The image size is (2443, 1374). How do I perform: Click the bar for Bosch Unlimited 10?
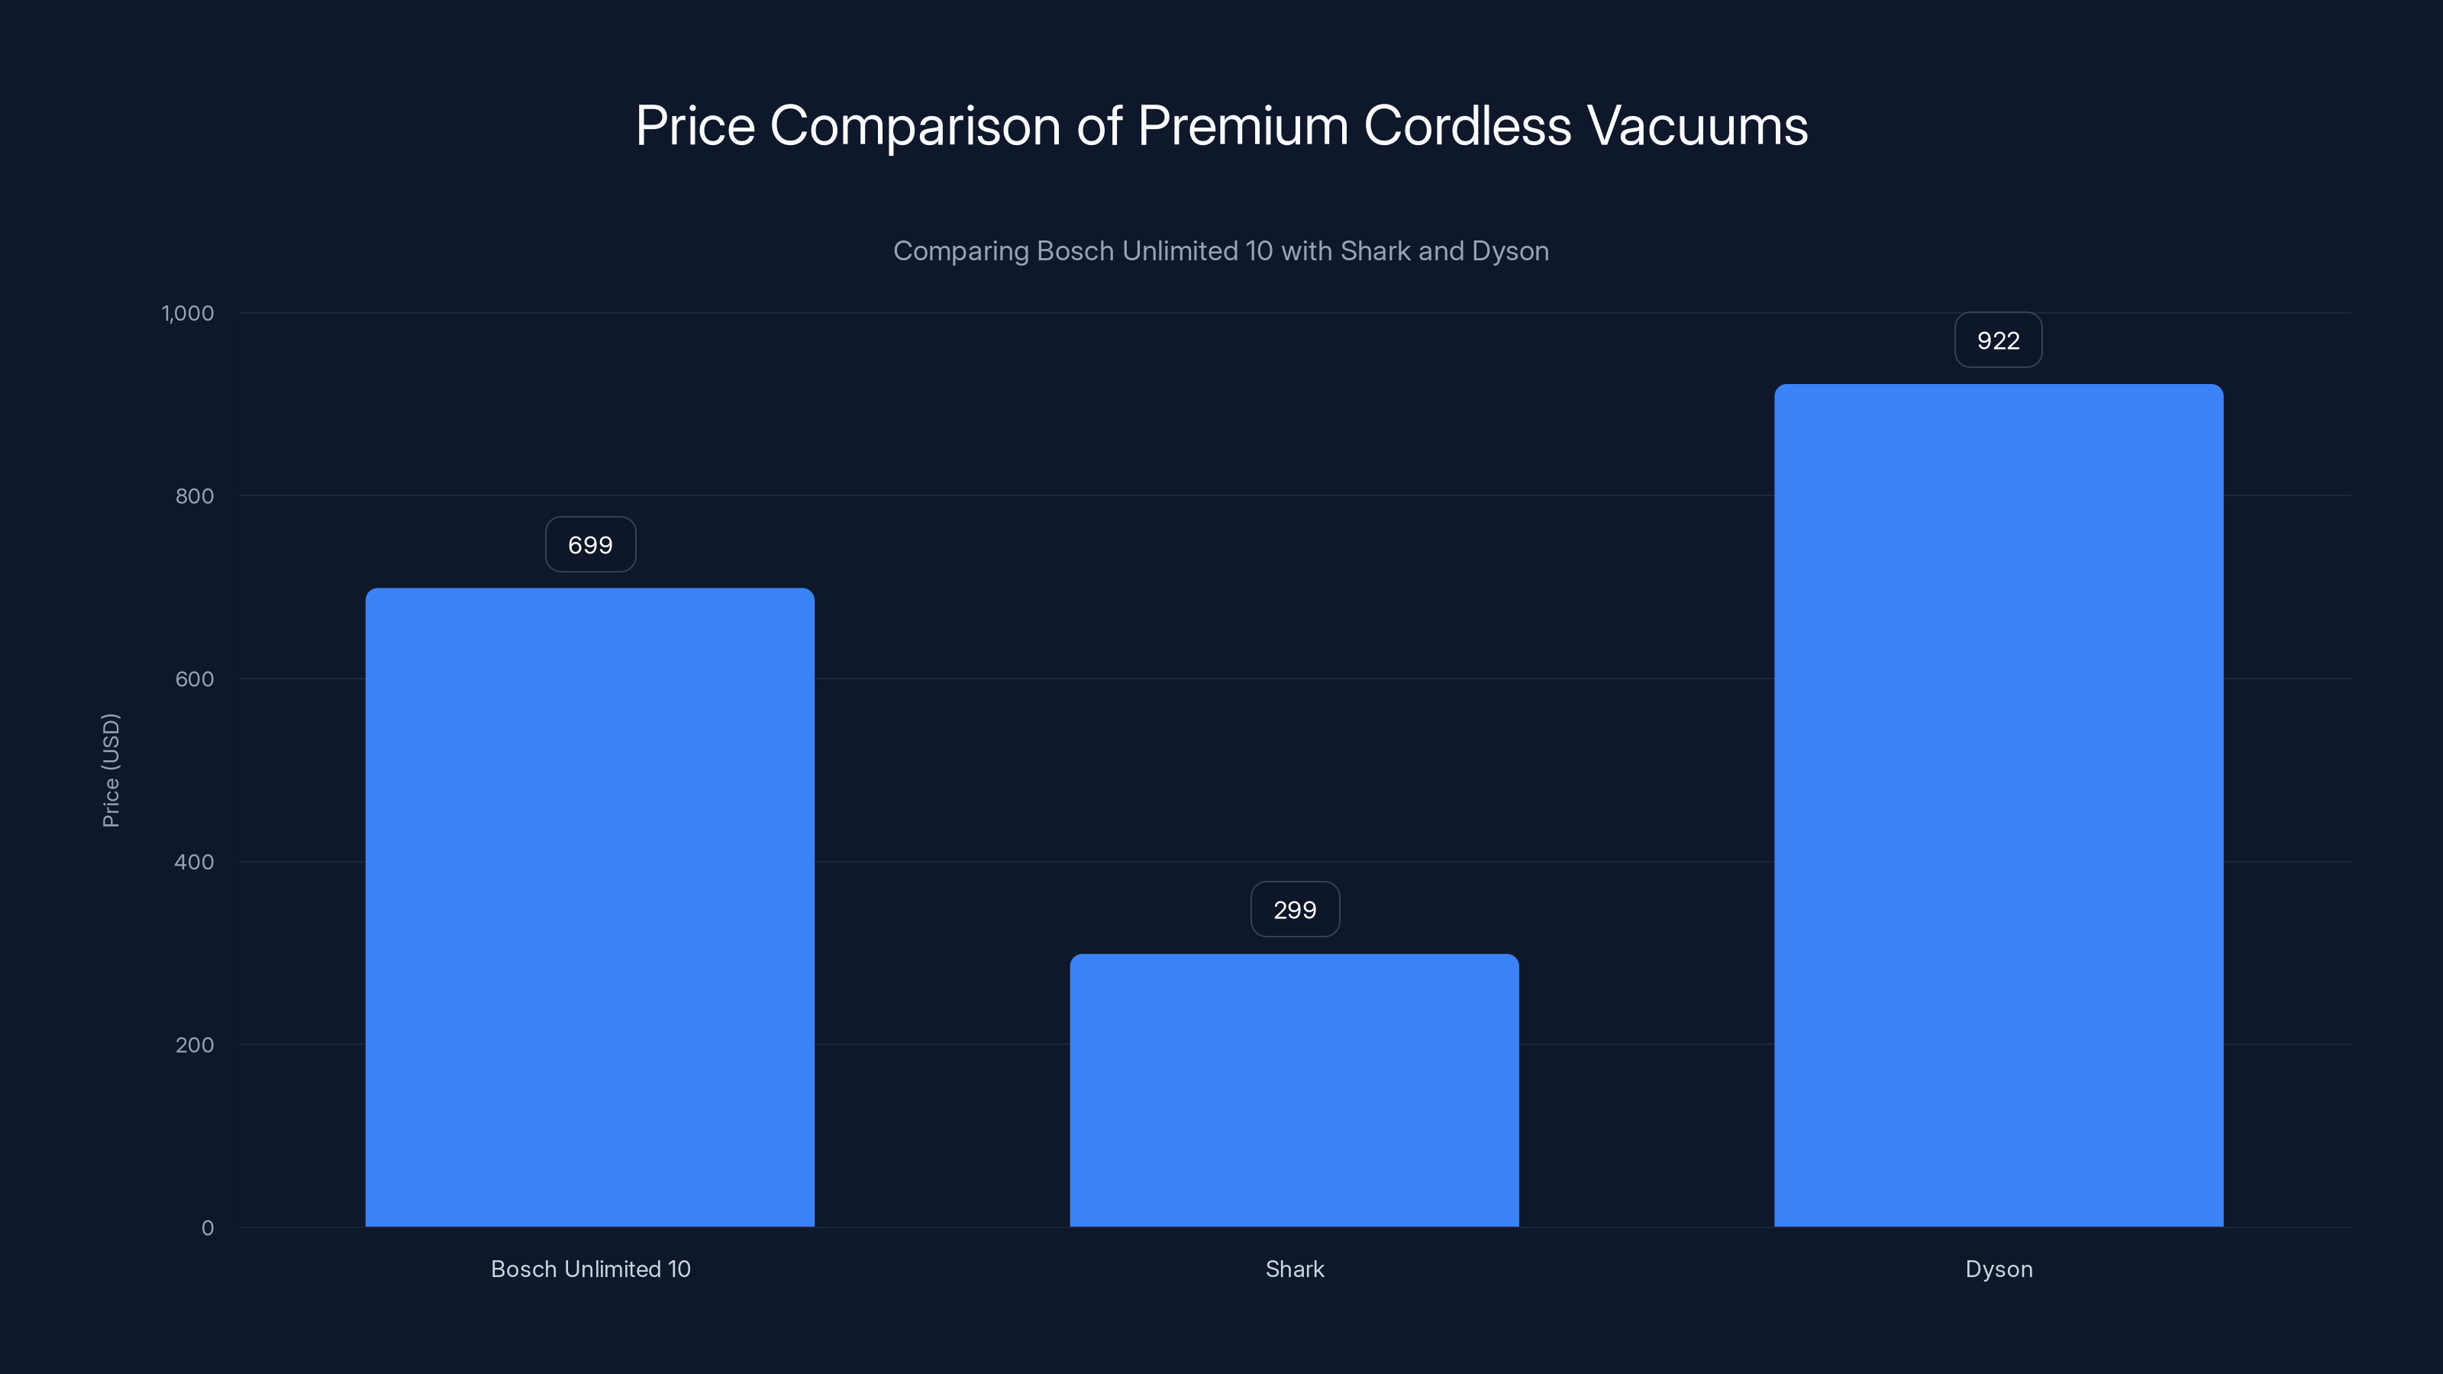590,907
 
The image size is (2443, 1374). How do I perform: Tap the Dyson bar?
1998,805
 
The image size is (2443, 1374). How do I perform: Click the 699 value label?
590,545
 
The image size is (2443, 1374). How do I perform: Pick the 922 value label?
1998,340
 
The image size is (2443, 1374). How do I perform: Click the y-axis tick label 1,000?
188,314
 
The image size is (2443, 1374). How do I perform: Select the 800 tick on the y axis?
195,496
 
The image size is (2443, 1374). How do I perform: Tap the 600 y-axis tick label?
195,679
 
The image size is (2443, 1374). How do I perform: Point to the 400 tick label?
195,862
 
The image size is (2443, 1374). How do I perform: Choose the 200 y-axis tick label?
195,1045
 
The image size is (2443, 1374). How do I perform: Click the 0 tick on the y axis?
208,1228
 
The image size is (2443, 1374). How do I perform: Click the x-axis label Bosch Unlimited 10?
590,1269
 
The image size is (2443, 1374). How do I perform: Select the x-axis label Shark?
1295,1269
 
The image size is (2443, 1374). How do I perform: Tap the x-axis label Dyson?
1998,1269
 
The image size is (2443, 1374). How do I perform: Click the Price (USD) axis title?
111,770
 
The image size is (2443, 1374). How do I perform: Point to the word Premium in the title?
1242,126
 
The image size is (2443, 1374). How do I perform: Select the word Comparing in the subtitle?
960,251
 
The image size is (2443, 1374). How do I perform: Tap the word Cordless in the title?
1467,126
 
